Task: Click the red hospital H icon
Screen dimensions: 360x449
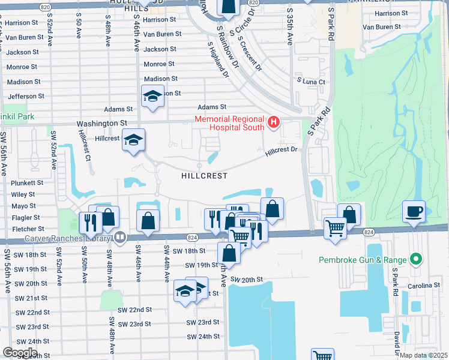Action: (274, 122)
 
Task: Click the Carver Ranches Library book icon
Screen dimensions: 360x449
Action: (121, 238)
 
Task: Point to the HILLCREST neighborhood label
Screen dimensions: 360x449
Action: (204, 176)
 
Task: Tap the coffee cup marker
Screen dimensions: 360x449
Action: (414, 212)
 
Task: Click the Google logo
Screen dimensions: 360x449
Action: (20, 352)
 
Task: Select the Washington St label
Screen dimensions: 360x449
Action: (102, 123)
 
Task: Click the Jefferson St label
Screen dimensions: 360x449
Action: (23, 96)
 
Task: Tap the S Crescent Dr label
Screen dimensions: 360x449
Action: (250, 53)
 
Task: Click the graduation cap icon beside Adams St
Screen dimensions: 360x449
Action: (152, 97)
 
